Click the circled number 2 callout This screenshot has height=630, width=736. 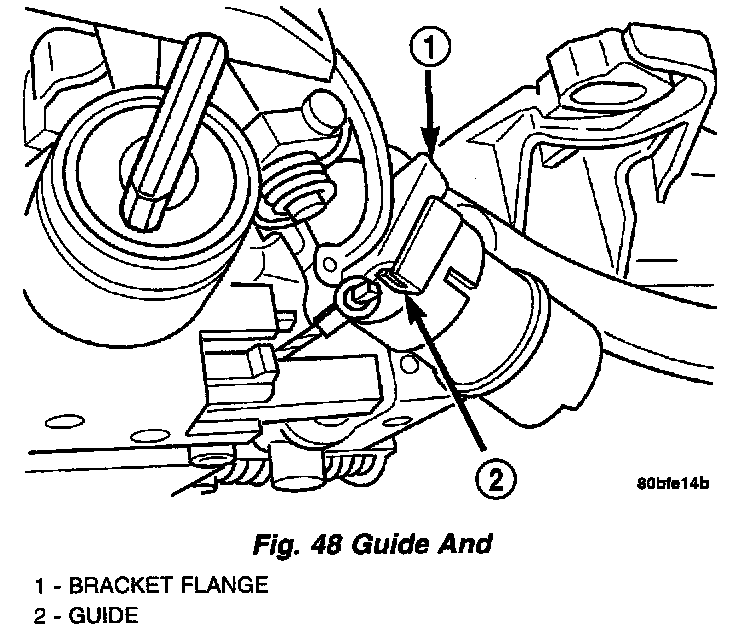point(494,482)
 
